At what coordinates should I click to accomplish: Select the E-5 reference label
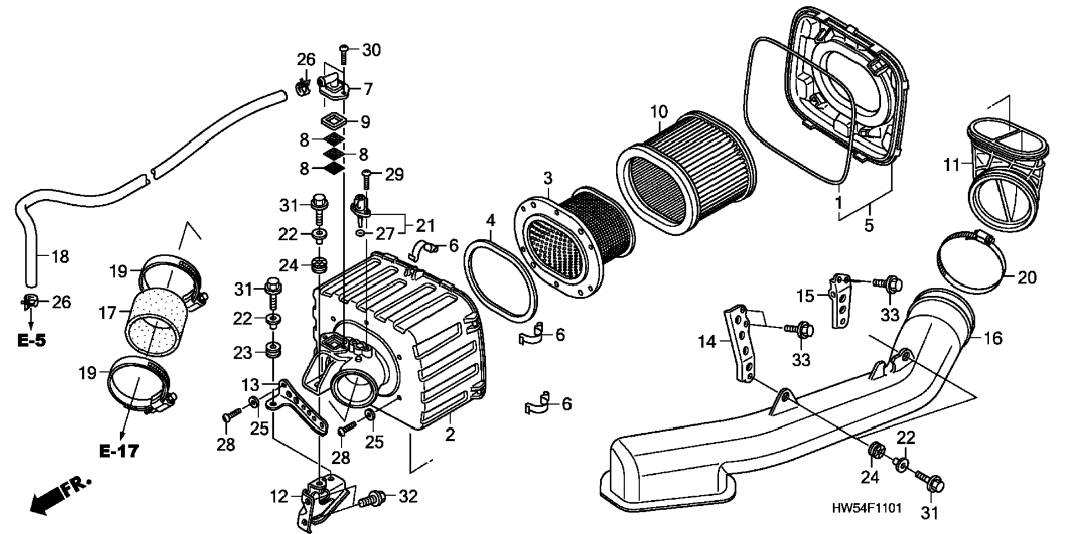[31, 340]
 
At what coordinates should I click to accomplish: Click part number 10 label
[658, 112]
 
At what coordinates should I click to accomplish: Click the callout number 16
[994, 338]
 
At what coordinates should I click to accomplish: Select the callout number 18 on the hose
[60, 256]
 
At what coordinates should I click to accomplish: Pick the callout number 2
[450, 434]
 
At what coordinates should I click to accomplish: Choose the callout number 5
[869, 225]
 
